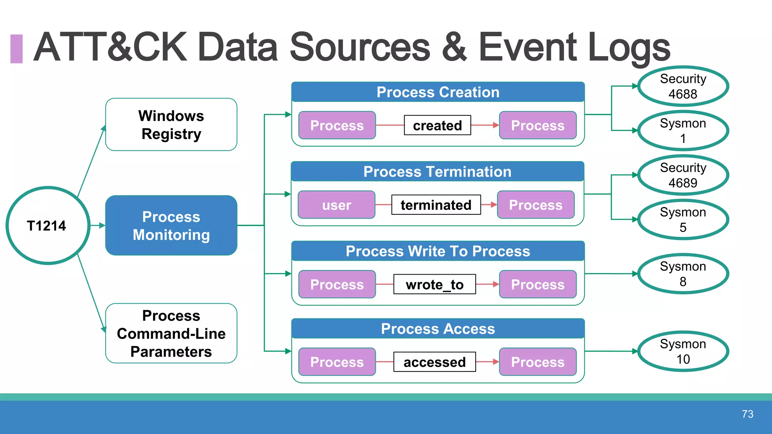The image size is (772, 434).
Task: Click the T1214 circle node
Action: (x=47, y=225)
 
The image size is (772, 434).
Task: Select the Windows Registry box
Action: (x=171, y=125)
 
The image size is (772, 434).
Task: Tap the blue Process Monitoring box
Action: (x=171, y=225)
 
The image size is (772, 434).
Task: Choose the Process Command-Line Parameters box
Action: (x=171, y=333)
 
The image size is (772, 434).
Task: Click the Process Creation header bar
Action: (x=438, y=92)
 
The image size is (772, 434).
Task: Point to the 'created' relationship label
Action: (x=437, y=125)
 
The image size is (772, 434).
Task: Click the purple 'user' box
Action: (x=336, y=205)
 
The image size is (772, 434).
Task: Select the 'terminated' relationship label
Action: (x=436, y=205)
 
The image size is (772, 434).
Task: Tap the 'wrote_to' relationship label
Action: (x=434, y=284)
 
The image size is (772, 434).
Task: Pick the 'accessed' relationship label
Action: (x=434, y=362)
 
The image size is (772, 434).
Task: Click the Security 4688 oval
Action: (x=683, y=86)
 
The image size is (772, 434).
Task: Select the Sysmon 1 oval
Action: (x=683, y=131)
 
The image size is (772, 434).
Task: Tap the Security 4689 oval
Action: (x=683, y=175)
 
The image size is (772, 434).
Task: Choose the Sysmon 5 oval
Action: (x=683, y=220)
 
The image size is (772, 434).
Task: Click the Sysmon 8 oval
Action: (x=683, y=274)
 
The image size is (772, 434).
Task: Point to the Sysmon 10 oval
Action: (x=683, y=351)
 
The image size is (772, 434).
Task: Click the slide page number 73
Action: (x=747, y=414)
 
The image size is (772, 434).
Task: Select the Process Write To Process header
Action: (x=438, y=251)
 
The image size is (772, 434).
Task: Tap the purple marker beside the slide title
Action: (x=17, y=49)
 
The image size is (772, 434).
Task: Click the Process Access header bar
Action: (x=438, y=329)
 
